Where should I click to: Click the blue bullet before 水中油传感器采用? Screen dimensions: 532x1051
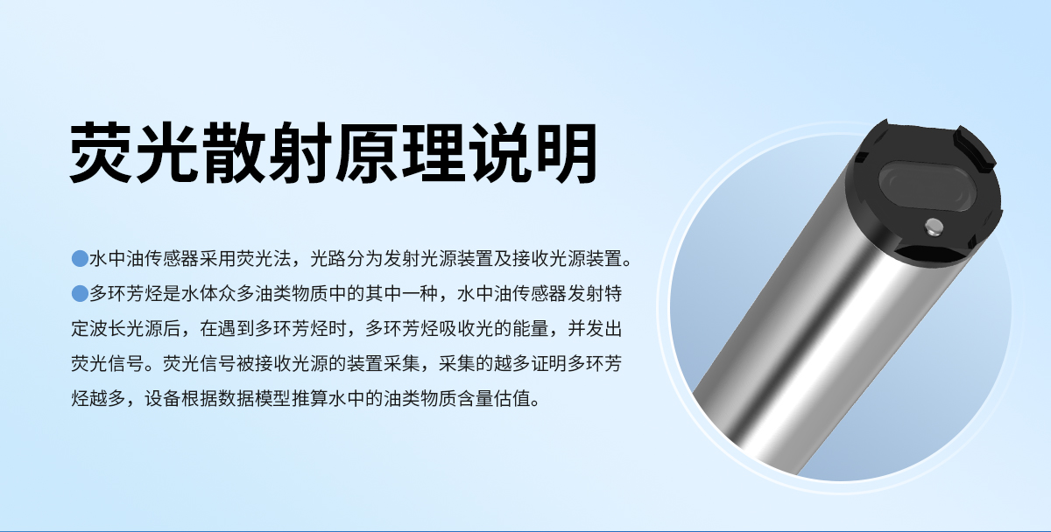coord(79,259)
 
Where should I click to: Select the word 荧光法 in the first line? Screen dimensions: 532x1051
coord(269,259)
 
